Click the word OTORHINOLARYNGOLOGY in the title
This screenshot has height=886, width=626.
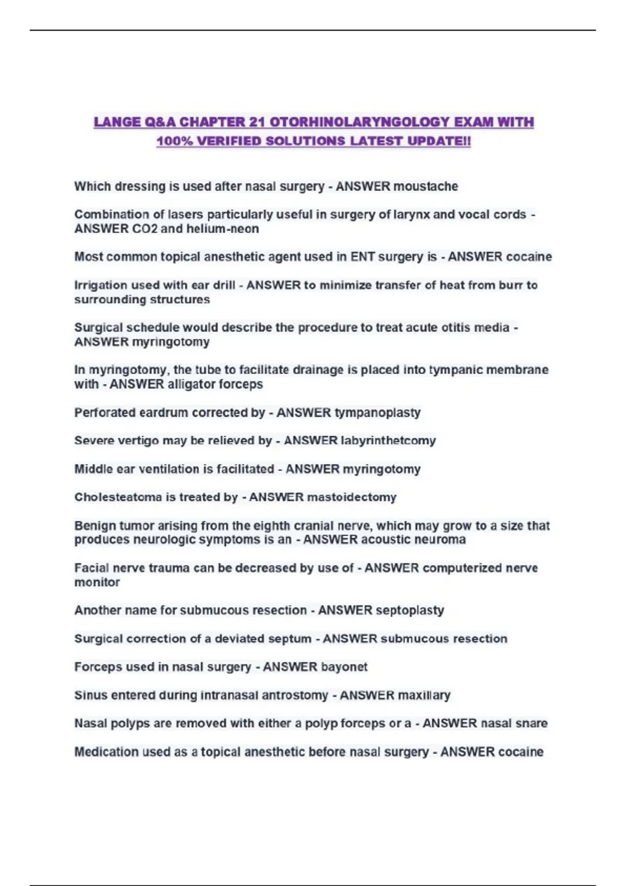click(359, 122)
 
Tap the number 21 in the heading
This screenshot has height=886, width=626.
click(257, 122)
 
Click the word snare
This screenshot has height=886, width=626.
click(532, 723)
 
